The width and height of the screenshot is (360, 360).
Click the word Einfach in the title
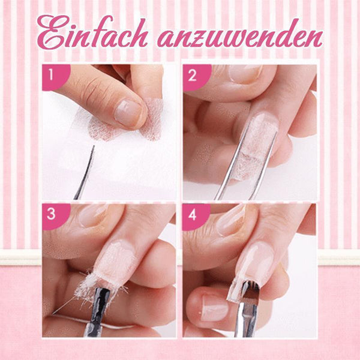(92, 32)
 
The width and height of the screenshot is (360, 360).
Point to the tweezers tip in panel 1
(94, 146)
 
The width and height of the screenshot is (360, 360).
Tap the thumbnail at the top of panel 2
(245, 73)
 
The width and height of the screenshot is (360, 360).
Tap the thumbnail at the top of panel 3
(92, 215)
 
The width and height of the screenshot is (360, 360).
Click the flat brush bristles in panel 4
(250, 292)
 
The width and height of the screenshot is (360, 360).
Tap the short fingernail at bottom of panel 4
(214, 308)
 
